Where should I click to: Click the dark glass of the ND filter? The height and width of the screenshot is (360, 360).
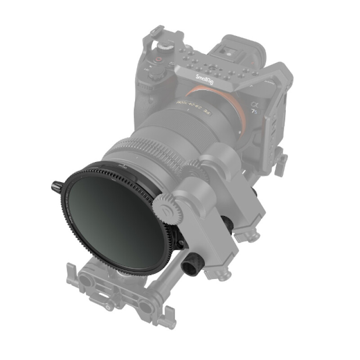(x=112, y=216)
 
